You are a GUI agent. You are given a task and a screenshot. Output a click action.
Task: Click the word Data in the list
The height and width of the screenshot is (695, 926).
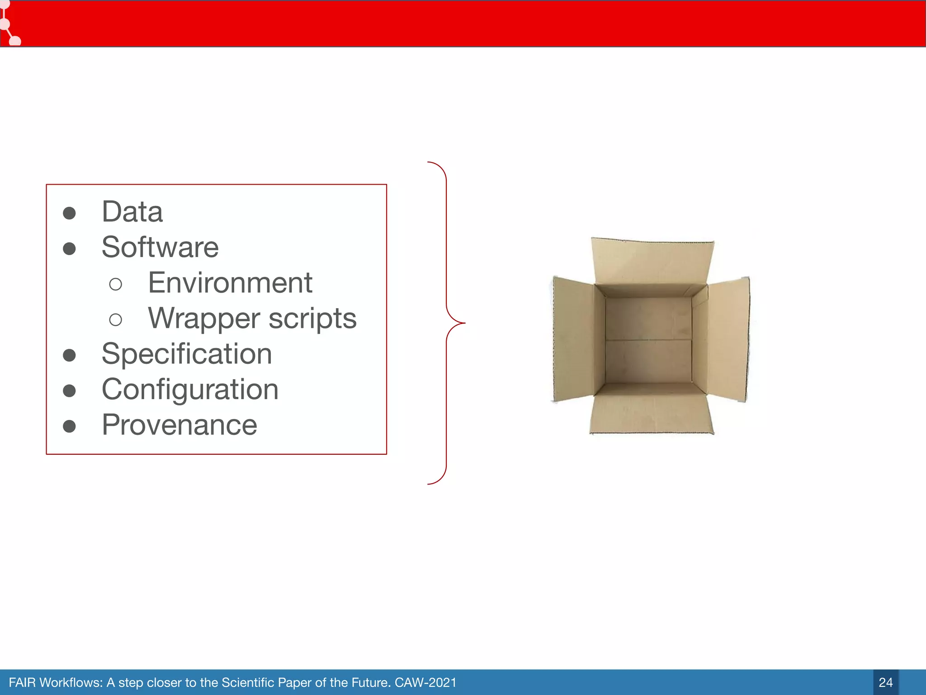[132, 212]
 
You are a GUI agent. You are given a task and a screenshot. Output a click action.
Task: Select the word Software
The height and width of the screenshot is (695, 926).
[160, 248]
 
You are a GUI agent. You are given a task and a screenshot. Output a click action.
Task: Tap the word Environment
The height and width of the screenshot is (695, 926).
[230, 283]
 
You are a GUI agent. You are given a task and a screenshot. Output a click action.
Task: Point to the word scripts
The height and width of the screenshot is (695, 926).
[312, 319]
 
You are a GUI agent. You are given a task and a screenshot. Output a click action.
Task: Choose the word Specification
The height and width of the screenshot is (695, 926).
[187, 354]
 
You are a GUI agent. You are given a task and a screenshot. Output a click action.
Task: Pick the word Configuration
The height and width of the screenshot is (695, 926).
[190, 390]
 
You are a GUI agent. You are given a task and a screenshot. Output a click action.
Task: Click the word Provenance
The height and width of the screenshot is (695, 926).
[180, 425]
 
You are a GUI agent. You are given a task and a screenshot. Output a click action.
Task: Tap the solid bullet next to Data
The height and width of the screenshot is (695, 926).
[69, 213]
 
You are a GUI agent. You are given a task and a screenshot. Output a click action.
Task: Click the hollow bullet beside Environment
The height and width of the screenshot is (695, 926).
[116, 285]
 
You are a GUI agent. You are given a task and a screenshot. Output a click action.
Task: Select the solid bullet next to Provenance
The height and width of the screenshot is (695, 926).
[69, 426]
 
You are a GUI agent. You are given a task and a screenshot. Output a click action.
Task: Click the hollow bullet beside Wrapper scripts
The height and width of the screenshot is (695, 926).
[116, 320]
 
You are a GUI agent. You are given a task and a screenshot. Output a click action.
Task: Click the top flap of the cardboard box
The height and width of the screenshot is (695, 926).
[652, 262]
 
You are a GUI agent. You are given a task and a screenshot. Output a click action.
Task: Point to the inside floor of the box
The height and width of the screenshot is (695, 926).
[648, 339]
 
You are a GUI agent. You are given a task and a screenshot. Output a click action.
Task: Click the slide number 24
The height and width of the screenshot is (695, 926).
[885, 682]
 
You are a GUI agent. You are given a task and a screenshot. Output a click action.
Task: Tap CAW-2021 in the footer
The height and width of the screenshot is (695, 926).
[425, 682]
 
